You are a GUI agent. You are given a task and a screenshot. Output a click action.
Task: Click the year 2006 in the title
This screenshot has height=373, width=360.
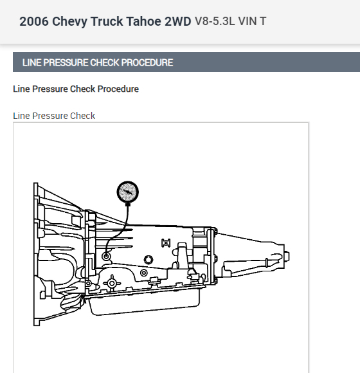(x=34, y=21)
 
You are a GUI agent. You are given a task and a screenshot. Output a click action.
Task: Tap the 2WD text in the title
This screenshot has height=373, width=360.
(x=178, y=21)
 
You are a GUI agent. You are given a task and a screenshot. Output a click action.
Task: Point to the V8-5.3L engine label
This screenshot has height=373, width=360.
(x=215, y=21)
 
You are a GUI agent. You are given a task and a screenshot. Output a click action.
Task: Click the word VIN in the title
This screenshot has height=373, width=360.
(x=248, y=21)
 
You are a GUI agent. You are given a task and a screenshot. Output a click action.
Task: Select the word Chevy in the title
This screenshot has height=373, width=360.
(x=69, y=22)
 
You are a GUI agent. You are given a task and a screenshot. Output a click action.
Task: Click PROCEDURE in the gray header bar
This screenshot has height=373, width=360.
(x=147, y=62)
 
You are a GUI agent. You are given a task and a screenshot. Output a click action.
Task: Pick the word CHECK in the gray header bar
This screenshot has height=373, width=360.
(x=105, y=62)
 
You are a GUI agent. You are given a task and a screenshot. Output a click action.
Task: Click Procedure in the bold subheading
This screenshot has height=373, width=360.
(x=118, y=89)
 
